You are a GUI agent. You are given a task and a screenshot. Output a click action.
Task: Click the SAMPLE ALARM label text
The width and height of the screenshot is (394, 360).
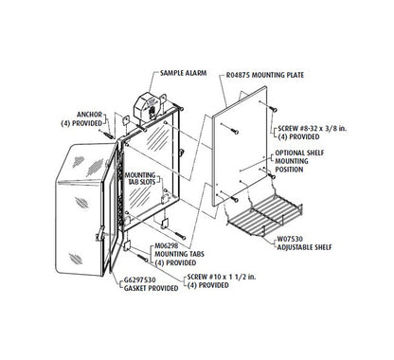pos(183,73)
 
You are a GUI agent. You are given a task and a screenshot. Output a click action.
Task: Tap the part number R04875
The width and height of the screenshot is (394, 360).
pos(238,75)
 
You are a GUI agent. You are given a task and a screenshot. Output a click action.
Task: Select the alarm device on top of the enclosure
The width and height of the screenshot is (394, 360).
pos(150,106)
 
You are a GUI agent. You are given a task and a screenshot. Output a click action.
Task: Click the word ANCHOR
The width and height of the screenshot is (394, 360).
pos(89,115)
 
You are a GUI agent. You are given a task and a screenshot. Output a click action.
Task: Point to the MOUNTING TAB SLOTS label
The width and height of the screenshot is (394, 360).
pos(140,178)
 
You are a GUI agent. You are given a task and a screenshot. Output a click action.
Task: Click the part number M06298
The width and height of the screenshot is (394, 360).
pos(167,245)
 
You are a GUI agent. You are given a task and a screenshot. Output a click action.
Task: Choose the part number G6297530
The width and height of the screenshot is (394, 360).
pos(139,280)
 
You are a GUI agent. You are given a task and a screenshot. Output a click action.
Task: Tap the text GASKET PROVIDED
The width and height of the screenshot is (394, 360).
pos(151,288)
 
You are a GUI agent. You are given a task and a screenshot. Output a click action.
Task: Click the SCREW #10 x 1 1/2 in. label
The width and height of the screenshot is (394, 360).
pos(222,277)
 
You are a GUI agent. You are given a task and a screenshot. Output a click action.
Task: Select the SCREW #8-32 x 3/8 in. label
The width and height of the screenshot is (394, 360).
pos(312,129)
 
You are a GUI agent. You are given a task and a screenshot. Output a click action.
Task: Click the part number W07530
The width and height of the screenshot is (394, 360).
pos(290,239)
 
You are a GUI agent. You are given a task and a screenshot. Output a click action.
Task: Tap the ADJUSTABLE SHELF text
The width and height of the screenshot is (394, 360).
pos(305,247)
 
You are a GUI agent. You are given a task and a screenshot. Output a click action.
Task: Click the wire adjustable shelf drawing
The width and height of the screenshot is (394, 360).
pos(264,214)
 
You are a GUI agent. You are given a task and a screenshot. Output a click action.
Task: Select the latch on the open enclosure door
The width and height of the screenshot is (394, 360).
pos(100,234)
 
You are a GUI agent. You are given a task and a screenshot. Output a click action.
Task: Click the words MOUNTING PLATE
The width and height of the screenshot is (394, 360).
pos(278,75)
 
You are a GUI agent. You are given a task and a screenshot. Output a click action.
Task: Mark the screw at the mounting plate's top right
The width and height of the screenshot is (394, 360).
pos(273,109)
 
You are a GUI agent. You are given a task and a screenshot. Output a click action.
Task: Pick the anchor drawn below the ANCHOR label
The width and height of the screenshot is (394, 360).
pos(108,134)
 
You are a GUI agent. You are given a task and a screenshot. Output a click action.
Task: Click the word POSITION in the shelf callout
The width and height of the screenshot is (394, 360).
pos(289,170)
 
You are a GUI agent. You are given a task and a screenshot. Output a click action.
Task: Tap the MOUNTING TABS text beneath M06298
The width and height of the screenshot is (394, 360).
pos(179,254)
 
